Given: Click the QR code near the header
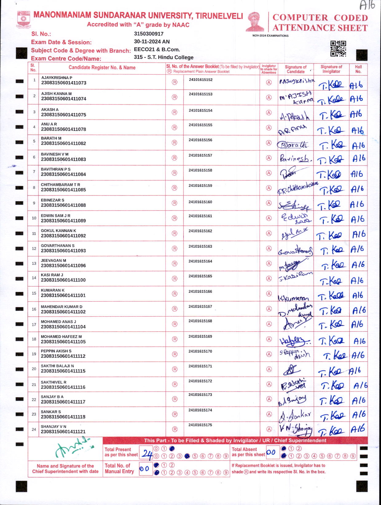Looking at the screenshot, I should click(338, 48).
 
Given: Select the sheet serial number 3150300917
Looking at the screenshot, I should click(149, 34).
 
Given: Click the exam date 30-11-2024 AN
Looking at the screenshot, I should click(152, 41).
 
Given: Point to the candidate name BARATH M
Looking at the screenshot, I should click(51, 138).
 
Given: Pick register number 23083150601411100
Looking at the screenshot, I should click(63, 280).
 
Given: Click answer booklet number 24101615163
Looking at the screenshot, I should click(200, 246).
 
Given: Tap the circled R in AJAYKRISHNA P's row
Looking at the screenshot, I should click(175, 82).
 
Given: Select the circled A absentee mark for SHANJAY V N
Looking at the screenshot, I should click(269, 429).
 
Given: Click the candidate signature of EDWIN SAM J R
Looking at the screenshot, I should click(296, 218).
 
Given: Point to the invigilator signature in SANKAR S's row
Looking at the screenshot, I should click(332, 415).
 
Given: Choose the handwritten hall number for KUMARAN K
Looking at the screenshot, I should click(358, 295).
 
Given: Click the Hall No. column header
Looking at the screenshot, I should click(358, 69).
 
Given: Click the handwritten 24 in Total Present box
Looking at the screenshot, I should click(147, 454).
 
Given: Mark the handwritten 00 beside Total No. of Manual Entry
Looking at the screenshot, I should click(144, 469).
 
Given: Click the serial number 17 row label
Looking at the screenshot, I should click(34, 324).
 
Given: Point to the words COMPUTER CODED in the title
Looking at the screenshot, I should click(320, 17).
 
